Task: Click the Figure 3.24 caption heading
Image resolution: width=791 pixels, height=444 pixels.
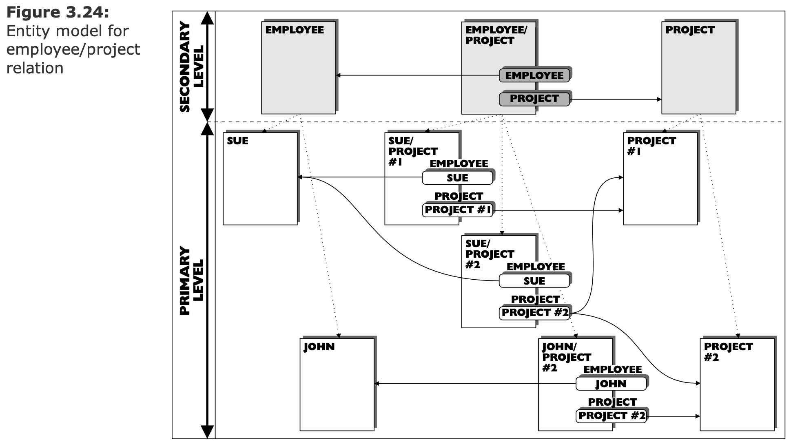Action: pyautogui.click(x=58, y=13)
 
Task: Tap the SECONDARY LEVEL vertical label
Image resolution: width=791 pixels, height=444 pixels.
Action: pyautogui.click(x=191, y=66)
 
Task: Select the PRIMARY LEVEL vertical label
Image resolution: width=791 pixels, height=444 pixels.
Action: pyautogui.click(x=191, y=280)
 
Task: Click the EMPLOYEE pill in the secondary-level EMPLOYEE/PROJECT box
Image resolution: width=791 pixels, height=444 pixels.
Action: pyautogui.click(x=534, y=75)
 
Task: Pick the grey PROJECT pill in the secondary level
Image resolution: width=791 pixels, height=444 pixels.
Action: pyautogui.click(x=534, y=99)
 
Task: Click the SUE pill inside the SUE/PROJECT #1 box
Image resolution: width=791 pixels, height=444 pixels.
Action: pyautogui.click(x=457, y=178)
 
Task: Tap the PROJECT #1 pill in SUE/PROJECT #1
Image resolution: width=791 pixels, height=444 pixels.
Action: pyautogui.click(x=457, y=210)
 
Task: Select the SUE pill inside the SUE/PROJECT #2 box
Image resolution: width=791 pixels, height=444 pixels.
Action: pyautogui.click(x=534, y=281)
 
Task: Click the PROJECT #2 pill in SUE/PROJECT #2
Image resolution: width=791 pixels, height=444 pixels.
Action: pyautogui.click(x=534, y=313)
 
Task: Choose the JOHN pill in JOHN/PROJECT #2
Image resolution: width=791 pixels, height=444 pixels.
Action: pyautogui.click(x=611, y=384)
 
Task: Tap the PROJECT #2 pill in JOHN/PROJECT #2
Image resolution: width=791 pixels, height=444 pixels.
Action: pyautogui.click(x=611, y=416)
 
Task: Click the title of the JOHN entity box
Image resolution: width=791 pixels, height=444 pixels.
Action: pyautogui.click(x=319, y=347)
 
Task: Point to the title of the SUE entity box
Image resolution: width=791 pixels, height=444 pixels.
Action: pyautogui.click(x=237, y=141)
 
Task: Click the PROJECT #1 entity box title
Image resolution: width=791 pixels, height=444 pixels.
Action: pyautogui.click(x=651, y=146)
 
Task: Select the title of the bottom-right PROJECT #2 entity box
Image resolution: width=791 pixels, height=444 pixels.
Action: pyautogui.click(x=728, y=352)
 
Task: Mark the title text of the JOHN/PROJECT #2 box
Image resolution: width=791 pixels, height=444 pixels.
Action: pyautogui.click(x=566, y=357)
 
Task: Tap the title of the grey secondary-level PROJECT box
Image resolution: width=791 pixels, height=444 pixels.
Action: pyautogui.click(x=690, y=30)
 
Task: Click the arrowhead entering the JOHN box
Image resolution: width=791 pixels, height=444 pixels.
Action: pyautogui.click(x=377, y=384)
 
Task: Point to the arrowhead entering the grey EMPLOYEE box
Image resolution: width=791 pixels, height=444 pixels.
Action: pyautogui.click(x=338, y=75)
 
